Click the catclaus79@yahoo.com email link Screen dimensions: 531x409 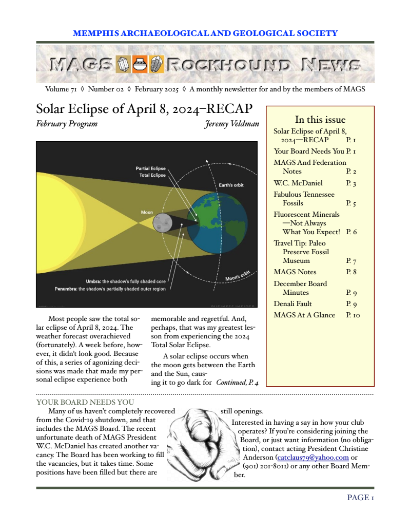coord(313,457)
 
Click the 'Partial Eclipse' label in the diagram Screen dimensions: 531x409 coord(150,168)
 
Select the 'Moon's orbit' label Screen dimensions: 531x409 coord(238,276)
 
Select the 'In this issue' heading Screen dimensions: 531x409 coord(320,120)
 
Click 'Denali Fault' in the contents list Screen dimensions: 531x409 coord(293,304)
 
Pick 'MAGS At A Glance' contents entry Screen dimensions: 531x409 coord(304,315)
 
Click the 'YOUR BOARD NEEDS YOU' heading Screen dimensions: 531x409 coord(85,402)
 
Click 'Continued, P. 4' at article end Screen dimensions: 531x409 coord(237,382)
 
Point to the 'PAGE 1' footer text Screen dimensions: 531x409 coord(360,498)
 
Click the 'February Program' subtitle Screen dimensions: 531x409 coord(67,124)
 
